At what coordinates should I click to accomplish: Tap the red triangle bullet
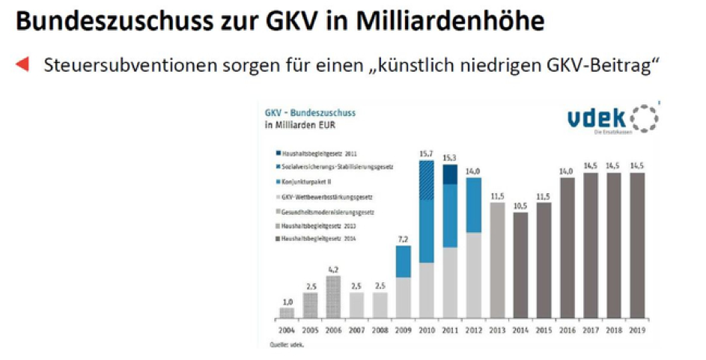22,64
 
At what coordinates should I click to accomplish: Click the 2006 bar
334,296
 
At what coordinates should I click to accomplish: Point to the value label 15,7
427,153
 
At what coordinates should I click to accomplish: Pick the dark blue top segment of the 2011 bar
450,174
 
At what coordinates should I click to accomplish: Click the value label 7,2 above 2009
404,239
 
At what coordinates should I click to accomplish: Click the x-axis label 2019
636,330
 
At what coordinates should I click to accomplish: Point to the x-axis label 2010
427,330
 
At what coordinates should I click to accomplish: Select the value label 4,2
334,269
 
